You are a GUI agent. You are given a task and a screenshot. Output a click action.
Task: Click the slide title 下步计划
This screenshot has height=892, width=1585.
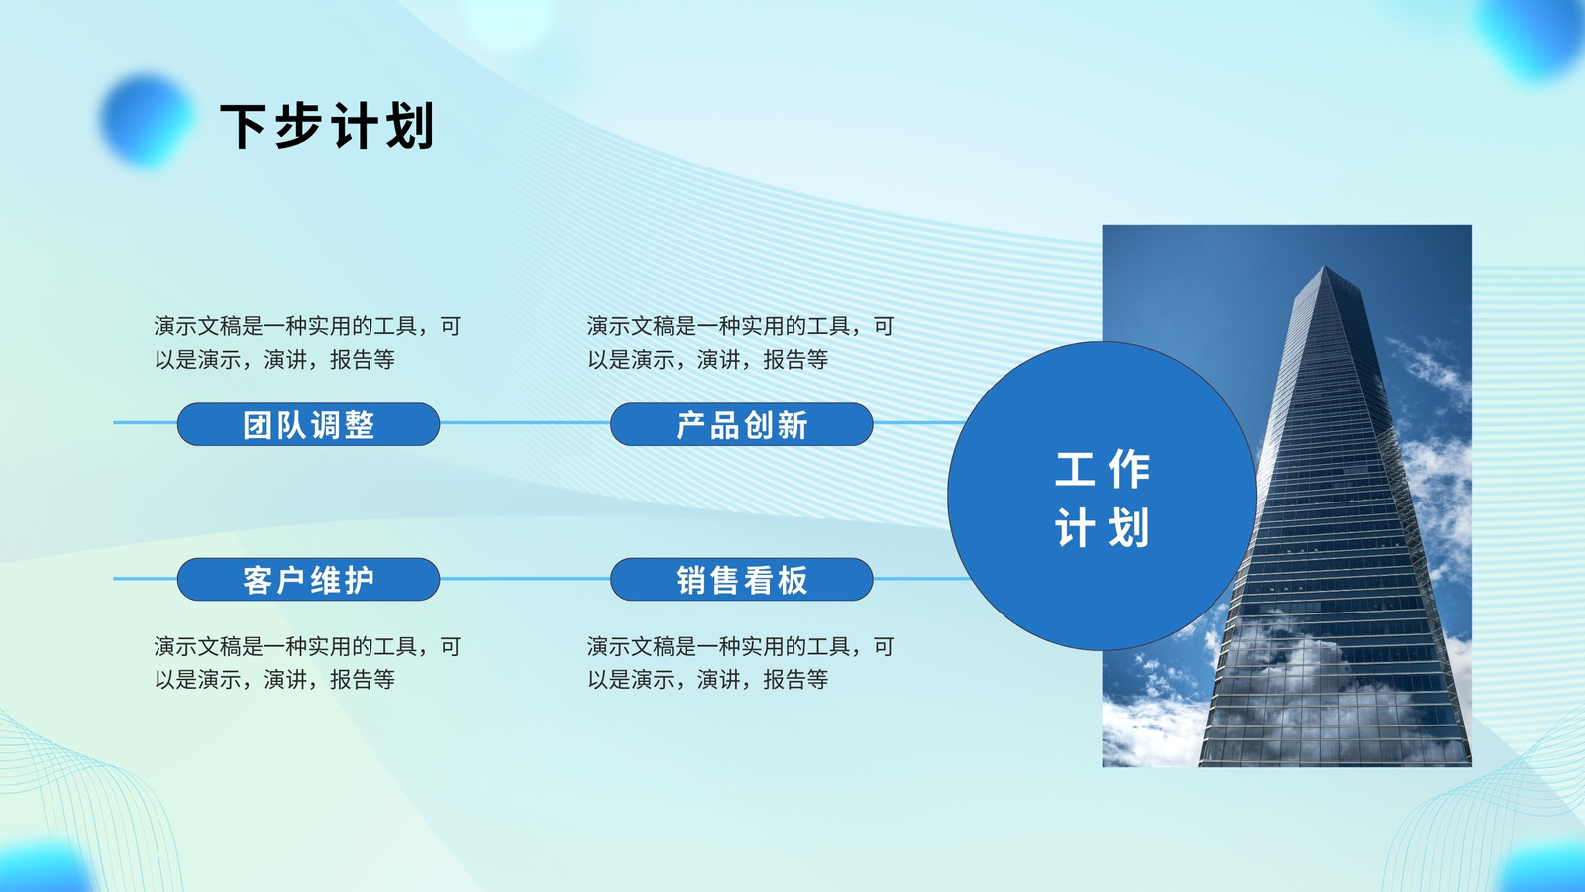coord(327,126)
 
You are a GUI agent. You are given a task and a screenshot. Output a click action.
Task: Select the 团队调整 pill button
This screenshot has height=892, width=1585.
coord(308,424)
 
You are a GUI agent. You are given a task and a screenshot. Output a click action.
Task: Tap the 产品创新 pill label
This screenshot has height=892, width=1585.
coord(742,424)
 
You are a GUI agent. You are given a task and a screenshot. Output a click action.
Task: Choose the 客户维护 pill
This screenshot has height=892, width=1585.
coord(308,579)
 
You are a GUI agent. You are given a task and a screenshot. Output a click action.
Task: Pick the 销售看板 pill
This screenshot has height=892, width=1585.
coord(742,579)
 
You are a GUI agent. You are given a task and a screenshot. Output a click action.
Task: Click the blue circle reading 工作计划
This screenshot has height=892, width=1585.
coord(1102,496)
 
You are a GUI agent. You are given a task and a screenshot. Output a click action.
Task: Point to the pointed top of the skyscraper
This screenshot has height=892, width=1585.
coord(1324,267)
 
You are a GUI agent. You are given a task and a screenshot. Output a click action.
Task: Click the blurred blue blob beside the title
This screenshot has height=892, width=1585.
coord(148,120)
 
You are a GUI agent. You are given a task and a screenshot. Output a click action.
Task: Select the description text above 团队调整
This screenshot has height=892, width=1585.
coord(308,343)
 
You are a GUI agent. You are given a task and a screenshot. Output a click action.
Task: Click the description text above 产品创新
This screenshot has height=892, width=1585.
coord(741,343)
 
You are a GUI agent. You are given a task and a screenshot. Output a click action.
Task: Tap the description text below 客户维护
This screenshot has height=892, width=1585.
coord(308,663)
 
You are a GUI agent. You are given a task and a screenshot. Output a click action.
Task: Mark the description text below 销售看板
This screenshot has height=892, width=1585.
coord(741,663)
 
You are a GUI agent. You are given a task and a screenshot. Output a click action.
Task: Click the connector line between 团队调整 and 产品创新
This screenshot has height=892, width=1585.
coord(525,423)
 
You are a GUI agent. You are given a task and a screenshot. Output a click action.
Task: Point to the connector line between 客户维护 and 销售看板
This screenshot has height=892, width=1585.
coord(525,579)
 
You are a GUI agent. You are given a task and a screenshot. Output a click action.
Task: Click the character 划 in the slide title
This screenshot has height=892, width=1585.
coord(410,126)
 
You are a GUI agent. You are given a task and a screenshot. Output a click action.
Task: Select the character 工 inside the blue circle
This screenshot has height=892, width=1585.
coord(1075,469)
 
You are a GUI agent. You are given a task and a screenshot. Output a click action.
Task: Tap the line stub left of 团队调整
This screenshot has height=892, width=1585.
coord(145,423)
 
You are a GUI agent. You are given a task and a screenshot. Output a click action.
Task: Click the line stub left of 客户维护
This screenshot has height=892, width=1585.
coord(145,579)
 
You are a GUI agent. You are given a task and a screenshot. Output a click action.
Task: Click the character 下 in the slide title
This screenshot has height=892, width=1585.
coord(243,126)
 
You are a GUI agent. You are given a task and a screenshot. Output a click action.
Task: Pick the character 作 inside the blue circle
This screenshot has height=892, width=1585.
coord(1129,469)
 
